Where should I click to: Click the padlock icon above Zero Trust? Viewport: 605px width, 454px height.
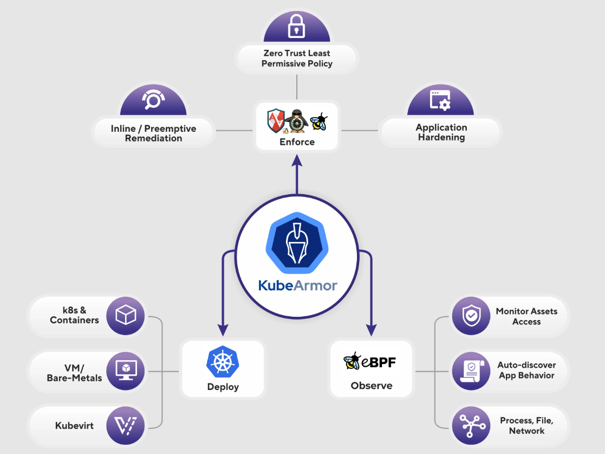[x=296, y=25]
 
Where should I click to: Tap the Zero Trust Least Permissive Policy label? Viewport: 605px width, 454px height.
[x=297, y=58]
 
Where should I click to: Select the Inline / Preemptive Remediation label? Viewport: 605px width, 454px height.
[x=153, y=133]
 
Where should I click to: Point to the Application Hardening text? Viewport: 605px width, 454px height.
[x=441, y=132]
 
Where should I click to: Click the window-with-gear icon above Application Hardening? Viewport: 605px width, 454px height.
[x=440, y=100]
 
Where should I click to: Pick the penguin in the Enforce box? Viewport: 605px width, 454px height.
[x=297, y=120]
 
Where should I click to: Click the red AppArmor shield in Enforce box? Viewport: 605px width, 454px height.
[x=276, y=120]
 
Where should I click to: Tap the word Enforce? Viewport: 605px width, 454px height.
[x=297, y=142]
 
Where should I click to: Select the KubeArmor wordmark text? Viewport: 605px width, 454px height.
[x=297, y=285]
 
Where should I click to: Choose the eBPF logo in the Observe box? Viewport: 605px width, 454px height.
[x=370, y=361]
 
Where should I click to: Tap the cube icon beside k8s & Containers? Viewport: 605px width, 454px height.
[x=126, y=315]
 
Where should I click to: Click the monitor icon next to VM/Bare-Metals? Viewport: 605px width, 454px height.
[x=126, y=370]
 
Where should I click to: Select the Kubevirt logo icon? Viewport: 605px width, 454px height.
[x=126, y=425]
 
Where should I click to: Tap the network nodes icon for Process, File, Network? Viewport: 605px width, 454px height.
[x=471, y=425]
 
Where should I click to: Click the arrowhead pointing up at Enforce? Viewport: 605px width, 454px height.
[x=297, y=161]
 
